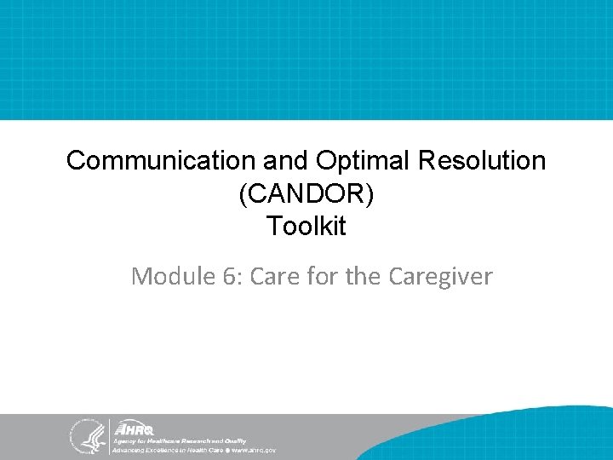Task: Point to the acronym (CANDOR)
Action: click(x=306, y=194)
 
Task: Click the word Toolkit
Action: click(x=306, y=227)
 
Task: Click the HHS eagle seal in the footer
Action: click(x=85, y=435)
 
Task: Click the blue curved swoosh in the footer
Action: click(x=511, y=426)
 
